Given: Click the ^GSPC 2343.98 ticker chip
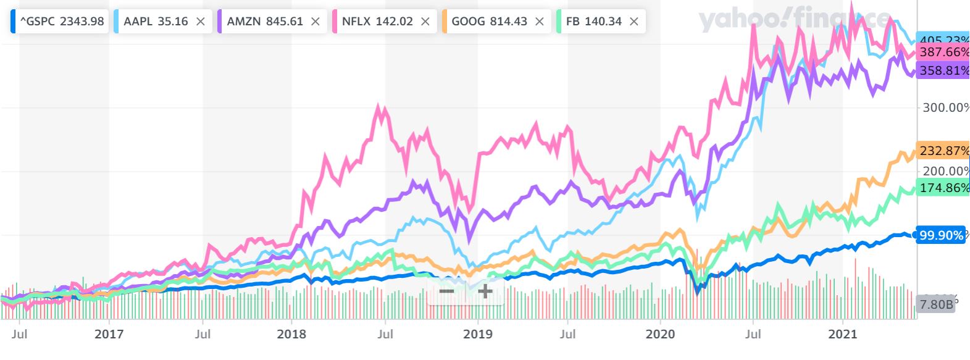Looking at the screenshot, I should click(59, 22).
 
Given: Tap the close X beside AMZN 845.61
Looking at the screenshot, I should click(316, 22).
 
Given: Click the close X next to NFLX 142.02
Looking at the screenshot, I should click(425, 22).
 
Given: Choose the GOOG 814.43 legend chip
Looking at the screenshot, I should click(489, 22).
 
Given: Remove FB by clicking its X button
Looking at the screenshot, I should click(633, 22).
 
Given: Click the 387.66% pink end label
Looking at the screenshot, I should click(943, 52).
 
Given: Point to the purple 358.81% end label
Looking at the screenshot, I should click(943, 70).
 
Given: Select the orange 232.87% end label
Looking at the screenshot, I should click(943, 151).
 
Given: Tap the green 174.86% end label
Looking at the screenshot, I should click(943, 188).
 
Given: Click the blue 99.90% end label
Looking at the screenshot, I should click(940, 235).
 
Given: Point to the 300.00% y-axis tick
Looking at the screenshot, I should click(945, 107).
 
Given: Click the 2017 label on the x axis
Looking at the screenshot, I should click(109, 334).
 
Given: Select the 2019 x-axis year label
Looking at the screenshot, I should click(477, 334).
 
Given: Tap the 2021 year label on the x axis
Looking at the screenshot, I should click(843, 334).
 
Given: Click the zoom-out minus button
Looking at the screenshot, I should click(446, 291).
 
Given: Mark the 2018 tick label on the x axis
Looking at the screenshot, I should click(291, 334).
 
